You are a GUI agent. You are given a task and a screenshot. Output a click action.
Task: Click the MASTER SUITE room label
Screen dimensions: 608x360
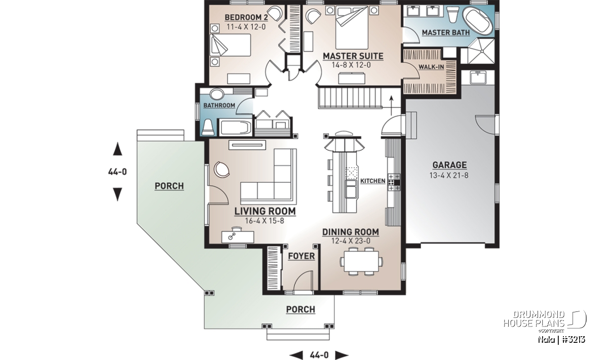(x=353, y=56)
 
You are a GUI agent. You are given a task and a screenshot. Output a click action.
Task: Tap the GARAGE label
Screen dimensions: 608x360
(x=449, y=165)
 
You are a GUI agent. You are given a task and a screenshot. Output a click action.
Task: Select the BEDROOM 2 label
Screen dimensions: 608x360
(x=246, y=18)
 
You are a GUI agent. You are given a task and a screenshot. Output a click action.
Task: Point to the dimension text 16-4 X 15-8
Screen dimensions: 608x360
(x=264, y=221)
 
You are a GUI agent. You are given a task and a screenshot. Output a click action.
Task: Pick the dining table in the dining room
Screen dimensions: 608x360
(x=362, y=261)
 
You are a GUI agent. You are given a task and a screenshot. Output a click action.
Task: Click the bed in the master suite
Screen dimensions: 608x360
(x=352, y=28)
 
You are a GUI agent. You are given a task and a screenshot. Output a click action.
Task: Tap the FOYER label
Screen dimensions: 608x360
(x=301, y=256)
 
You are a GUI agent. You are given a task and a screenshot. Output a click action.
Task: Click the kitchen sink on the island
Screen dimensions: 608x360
(x=351, y=189)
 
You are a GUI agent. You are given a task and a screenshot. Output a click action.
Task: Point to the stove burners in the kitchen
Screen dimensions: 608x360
(x=391, y=182)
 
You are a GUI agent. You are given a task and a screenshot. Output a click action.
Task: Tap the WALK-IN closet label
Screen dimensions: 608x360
(x=431, y=67)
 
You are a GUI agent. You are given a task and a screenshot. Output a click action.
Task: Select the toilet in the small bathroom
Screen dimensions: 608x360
(x=208, y=127)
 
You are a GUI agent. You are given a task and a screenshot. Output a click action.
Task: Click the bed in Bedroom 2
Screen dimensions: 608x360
(x=231, y=45)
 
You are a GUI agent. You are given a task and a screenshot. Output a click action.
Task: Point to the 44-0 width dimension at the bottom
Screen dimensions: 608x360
(x=319, y=355)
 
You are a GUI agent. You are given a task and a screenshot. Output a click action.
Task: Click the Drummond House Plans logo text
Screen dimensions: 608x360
(x=534, y=319)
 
